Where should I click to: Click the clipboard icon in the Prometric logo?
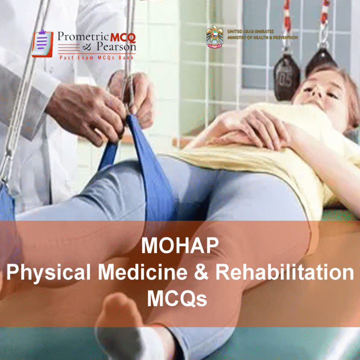pos(42,43)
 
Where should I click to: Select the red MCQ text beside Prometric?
pos(122,37)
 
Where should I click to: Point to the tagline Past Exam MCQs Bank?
pos(97,57)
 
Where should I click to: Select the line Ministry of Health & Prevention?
pos(262,37)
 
